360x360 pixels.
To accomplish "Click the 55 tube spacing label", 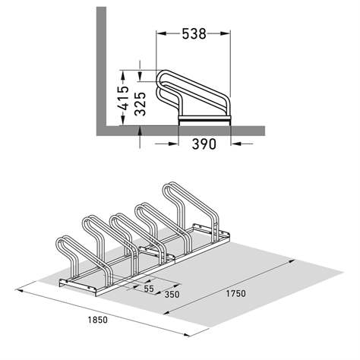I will coord(148,289).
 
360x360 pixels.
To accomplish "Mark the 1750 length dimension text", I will coord(237,292).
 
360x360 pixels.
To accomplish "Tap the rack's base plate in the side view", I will coord(204,119).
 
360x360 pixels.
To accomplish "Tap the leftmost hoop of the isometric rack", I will coord(66,254).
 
